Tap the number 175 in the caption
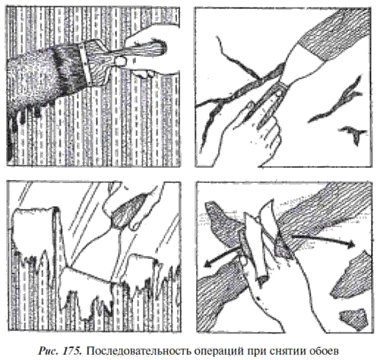click(x=71, y=351)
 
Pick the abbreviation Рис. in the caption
click(x=48, y=351)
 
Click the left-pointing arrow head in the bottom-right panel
click(x=207, y=264)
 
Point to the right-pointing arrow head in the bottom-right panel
click(x=351, y=244)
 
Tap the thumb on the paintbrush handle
click(x=119, y=60)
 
